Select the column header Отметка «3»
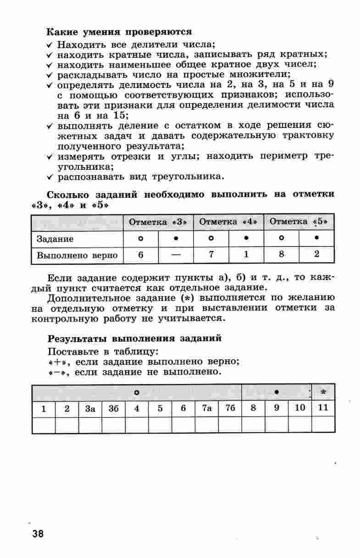click(158, 222)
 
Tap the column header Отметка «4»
click(228, 222)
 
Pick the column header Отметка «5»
click(299, 222)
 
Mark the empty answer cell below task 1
click(44, 425)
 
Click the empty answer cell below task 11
click(323, 425)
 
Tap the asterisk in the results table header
click(323, 393)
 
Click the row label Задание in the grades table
click(55, 239)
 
